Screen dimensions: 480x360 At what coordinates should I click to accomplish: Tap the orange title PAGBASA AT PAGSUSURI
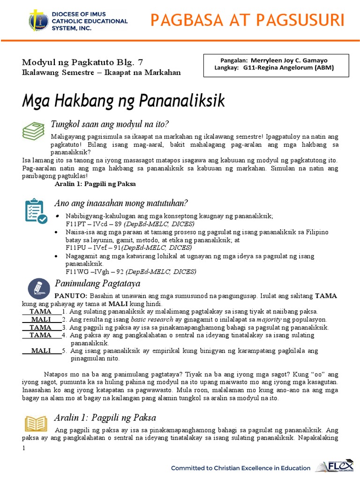coord(247,21)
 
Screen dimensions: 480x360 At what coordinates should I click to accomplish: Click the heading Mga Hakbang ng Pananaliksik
coord(124,100)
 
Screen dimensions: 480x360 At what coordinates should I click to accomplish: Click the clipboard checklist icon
coord(35,211)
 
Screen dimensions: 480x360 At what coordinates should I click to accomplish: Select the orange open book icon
coord(36,423)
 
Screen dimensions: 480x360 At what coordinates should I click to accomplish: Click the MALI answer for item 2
coord(41,319)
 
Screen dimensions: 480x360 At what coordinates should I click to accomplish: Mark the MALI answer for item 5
coord(41,351)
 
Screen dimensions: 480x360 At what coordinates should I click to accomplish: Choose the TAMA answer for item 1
coord(41,311)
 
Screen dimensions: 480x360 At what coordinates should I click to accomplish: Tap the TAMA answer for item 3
coord(41,327)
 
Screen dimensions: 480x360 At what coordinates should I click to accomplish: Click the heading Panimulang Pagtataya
coord(97,283)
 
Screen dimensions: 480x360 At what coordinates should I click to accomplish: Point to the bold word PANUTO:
coord(71,296)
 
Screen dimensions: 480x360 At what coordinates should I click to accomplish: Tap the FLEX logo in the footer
coord(334,467)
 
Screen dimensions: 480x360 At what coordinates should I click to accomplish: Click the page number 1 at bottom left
coord(24,449)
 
